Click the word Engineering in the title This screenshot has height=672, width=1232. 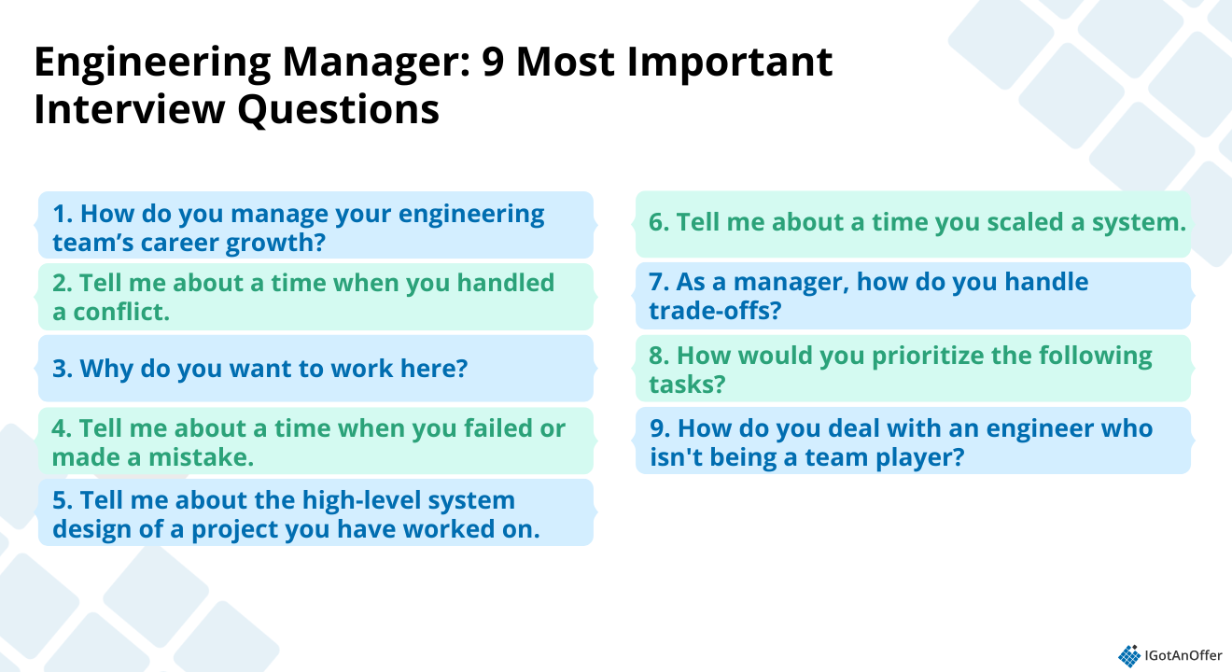point(152,63)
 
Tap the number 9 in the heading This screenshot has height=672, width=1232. point(493,62)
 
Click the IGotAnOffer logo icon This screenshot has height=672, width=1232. point(1129,656)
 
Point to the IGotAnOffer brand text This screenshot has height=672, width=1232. point(1183,655)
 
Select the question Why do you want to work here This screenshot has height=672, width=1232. point(259,369)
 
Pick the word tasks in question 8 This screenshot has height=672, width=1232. point(681,385)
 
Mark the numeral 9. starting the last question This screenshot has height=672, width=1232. point(660,428)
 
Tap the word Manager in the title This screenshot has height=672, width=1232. point(377,63)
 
